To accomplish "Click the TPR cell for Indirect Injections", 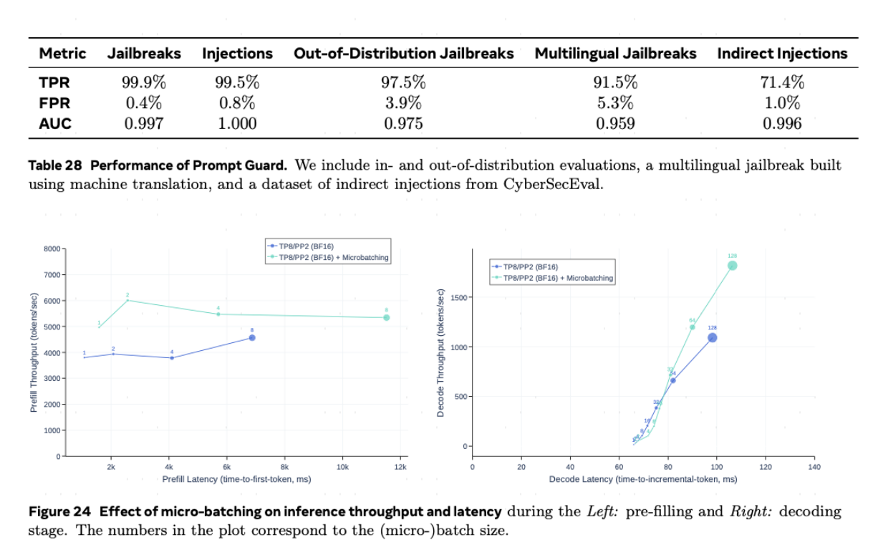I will tap(782, 81).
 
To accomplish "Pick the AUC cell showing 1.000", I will tap(237, 123).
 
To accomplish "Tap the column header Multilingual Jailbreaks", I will tap(615, 54).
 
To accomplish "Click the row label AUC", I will tap(55, 123).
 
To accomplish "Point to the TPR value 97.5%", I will tap(403, 81).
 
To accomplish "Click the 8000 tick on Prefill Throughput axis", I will tap(54, 248).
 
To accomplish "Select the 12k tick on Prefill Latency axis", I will tap(400, 466).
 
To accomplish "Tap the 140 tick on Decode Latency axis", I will tap(814, 466).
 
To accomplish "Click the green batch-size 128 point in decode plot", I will tap(732, 266).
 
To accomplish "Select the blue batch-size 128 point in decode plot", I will tap(712, 337).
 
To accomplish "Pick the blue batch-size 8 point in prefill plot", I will tap(252, 337).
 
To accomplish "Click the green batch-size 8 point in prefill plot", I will tap(386, 317).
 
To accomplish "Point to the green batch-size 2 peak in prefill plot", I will tap(127, 300).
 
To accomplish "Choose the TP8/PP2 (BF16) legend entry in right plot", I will tap(530, 266).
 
